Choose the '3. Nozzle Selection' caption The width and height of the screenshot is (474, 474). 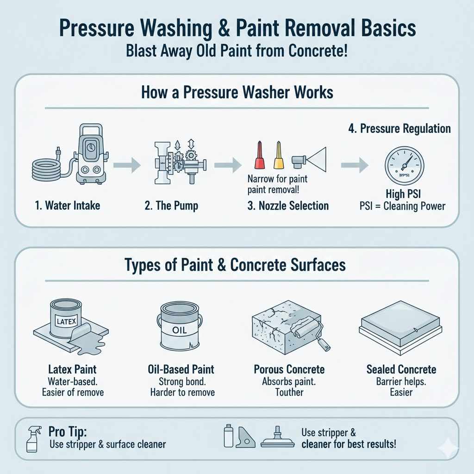[x=288, y=206]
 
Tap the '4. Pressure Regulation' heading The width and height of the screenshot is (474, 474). [x=399, y=128]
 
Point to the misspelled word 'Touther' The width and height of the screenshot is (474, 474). [x=289, y=393]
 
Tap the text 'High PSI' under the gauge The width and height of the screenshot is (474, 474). [x=402, y=194]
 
